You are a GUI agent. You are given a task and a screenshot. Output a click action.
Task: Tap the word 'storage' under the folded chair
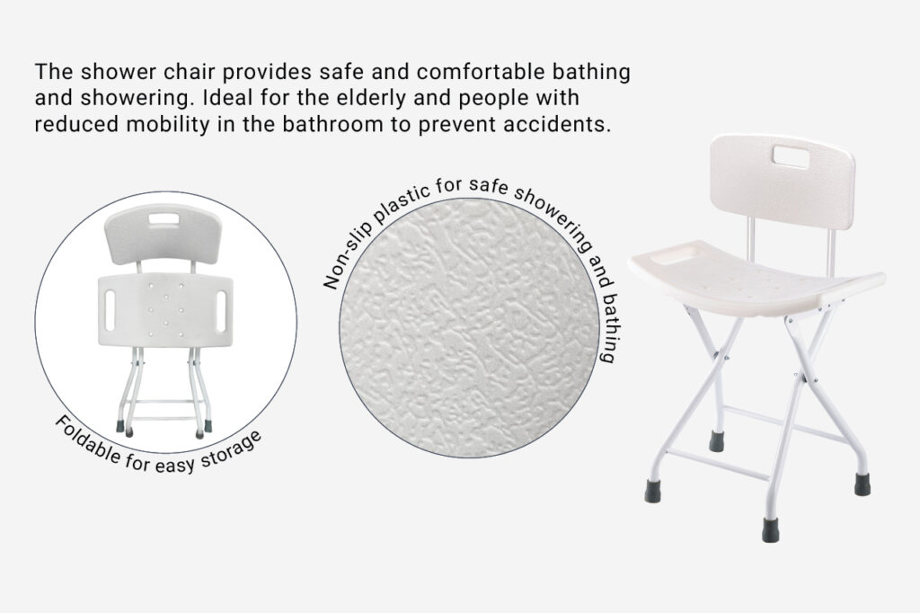click(x=231, y=449)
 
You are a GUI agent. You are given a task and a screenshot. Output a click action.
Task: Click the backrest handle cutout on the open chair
click(x=791, y=156)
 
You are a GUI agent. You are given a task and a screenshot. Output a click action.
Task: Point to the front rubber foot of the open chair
click(x=770, y=529)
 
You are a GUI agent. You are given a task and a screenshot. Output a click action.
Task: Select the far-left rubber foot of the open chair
click(x=652, y=491)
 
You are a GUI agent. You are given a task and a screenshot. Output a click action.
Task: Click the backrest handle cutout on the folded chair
click(x=164, y=219)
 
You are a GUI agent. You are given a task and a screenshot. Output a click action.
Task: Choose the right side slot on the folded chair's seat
click(x=221, y=311)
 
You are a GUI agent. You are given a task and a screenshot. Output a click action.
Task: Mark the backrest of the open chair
click(x=783, y=181)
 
